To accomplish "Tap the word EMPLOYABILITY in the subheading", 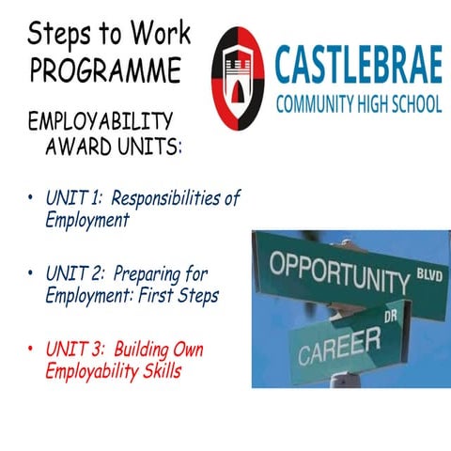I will [101, 121].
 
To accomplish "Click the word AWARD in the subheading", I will [81, 148].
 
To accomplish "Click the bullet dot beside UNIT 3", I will [31, 350].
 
